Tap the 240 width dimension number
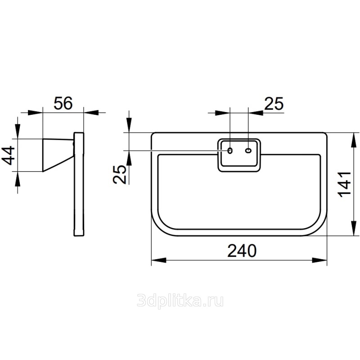(x=242, y=251)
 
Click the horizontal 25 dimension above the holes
(x=274, y=103)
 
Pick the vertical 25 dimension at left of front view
(x=120, y=175)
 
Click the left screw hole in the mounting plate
(x=229, y=151)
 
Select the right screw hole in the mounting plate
(x=248, y=151)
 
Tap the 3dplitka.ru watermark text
(x=180, y=301)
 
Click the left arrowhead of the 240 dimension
(x=159, y=261)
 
